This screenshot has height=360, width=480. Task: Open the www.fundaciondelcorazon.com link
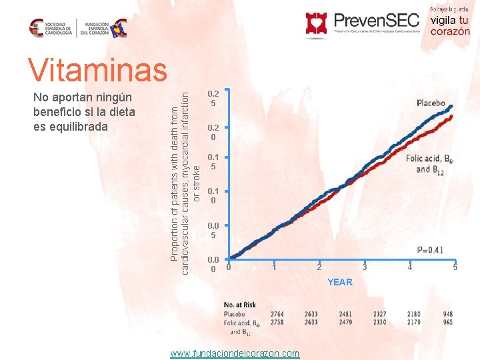click(x=235, y=353)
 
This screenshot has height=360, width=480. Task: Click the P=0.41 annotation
click(x=430, y=251)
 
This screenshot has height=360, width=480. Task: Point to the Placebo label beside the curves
click(x=431, y=103)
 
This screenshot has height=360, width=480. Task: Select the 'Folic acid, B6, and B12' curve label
click(x=430, y=164)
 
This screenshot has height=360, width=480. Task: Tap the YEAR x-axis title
click(x=339, y=282)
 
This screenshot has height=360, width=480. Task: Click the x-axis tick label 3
click(x=365, y=268)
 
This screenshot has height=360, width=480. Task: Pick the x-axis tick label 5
click(x=455, y=268)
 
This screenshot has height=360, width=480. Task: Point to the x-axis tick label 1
click(x=273, y=268)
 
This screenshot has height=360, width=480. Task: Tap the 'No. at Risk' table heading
click(x=241, y=305)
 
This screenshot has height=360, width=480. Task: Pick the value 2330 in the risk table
click(x=379, y=322)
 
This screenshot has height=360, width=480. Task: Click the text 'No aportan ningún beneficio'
click(x=83, y=104)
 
